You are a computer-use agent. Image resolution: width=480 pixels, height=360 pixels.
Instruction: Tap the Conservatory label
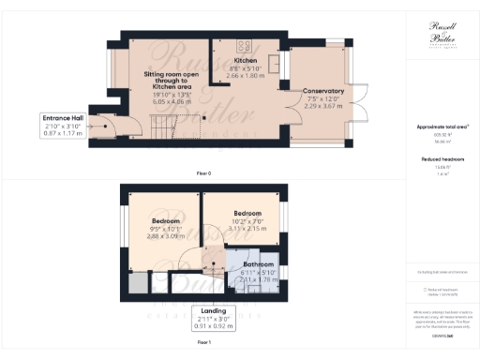point(322,91)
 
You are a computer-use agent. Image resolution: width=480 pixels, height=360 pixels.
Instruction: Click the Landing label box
point(213,318)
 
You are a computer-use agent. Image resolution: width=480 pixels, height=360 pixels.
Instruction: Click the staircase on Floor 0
point(163,124)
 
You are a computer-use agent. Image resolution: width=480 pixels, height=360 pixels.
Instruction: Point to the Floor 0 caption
point(203,173)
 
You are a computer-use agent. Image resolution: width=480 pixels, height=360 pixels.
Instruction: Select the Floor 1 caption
point(203,344)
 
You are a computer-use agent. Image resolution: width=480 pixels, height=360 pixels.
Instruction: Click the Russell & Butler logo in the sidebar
point(442,37)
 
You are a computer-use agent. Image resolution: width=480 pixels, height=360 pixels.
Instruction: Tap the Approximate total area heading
point(442,127)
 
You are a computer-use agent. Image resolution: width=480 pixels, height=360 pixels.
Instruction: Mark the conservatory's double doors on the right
point(361,103)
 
